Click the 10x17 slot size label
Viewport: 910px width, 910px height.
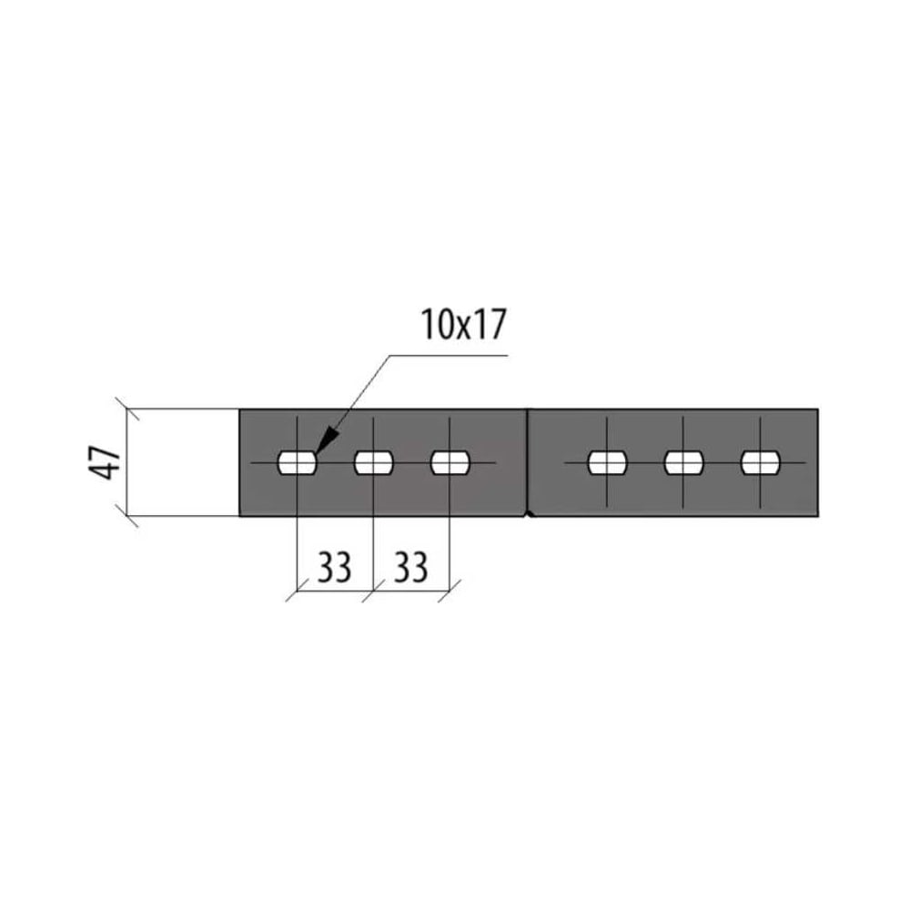click(463, 325)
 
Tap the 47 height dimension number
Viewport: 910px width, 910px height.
click(105, 462)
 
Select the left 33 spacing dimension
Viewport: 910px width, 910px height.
click(334, 567)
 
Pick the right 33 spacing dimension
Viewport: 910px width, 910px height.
click(411, 567)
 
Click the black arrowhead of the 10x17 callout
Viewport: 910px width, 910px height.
click(326, 440)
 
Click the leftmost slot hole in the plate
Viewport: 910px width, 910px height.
click(298, 462)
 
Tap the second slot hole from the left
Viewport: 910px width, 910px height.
click(374, 462)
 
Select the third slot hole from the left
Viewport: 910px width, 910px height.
click(450, 462)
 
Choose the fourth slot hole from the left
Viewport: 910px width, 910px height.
click(607, 462)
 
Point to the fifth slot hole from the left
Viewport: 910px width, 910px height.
click(683, 462)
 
